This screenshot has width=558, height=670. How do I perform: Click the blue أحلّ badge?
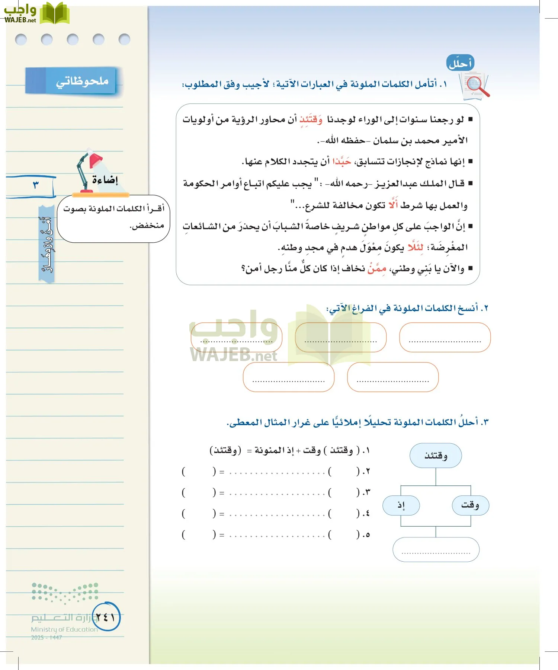point(460,63)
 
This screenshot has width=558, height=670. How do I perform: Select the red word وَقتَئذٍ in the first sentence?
point(311,120)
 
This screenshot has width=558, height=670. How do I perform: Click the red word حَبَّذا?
point(342,161)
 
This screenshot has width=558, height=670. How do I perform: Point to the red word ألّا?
point(393,205)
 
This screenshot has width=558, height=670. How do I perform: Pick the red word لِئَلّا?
point(415,247)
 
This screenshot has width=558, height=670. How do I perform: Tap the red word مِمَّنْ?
point(377,268)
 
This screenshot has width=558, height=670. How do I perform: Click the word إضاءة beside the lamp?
point(105,180)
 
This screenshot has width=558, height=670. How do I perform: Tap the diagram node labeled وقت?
point(470,505)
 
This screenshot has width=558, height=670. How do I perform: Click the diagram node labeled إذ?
point(401,505)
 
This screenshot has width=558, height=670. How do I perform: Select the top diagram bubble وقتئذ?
point(436,455)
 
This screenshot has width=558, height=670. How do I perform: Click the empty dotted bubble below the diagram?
point(436,549)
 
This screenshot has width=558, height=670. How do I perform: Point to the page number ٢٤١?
point(106,617)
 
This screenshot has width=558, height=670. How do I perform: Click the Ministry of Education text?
point(64,629)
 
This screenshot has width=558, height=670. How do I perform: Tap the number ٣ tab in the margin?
point(36,185)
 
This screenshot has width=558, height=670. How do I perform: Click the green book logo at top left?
point(54,13)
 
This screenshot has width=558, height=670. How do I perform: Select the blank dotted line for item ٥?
point(277,535)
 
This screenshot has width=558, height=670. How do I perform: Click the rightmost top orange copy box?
point(445,337)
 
